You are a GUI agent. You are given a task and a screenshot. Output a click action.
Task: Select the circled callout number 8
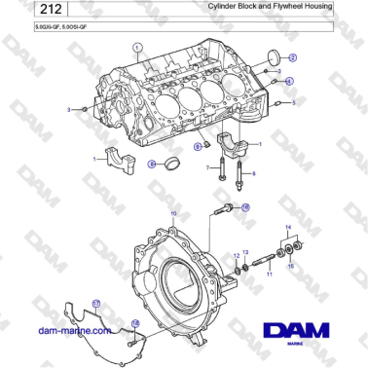coord(151,164)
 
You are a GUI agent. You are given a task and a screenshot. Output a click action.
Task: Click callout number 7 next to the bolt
coord(206,168)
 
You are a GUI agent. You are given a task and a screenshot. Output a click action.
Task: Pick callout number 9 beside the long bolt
coord(254,173)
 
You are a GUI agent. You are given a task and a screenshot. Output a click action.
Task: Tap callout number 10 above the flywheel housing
coord(173,212)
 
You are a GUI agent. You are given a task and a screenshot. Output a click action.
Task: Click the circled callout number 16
coord(245,207)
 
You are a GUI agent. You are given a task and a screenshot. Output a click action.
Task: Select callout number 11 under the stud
coord(270,276)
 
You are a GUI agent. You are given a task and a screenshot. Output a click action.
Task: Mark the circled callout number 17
coord(96,304)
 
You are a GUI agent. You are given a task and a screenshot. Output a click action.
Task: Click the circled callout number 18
coord(135,323)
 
